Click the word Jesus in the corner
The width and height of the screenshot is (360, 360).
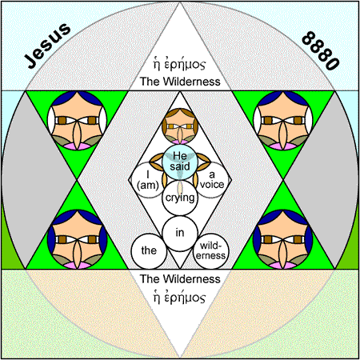pos(48,46)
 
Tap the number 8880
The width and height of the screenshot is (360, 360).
pos(321,50)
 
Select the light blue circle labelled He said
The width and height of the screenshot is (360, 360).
pos(180,162)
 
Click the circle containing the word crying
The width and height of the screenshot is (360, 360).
pos(180,198)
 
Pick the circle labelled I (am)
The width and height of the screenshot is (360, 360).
pos(147,180)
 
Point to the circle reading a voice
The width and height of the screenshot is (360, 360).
pos(212,180)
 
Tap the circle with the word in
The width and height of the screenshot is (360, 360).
pos(180,234)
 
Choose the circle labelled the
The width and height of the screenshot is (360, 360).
pos(149,251)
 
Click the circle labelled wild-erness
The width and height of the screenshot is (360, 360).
pos(211,251)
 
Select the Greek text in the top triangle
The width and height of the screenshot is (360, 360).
pos(179,64)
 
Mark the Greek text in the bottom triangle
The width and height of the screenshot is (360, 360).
pos(179,297)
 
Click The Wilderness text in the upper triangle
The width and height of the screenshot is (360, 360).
pos(180,82)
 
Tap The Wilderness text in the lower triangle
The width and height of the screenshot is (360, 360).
pos(180,279)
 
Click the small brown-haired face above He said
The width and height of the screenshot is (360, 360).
pos(180,126)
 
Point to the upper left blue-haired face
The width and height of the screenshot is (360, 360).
pos(77,121)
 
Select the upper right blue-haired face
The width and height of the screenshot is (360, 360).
pos(283,121)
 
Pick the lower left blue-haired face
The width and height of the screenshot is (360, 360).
pos(77,239)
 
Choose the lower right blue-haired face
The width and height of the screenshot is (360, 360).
pos(283,239)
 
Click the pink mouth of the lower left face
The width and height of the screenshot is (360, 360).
pos(77,265)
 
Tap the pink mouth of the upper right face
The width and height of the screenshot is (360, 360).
pos(283,146)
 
